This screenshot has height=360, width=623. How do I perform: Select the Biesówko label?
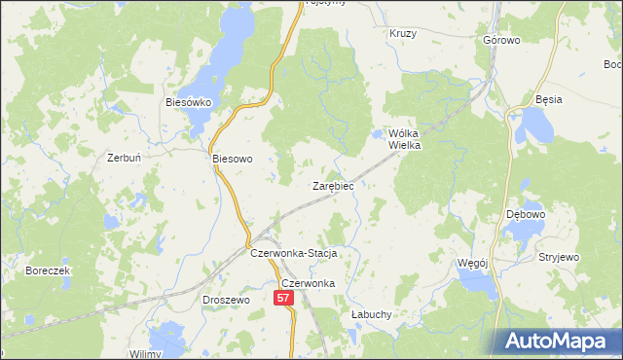point(188,101)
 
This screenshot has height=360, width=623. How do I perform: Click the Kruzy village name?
point(403,33)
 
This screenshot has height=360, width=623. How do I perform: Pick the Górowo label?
point(501,41)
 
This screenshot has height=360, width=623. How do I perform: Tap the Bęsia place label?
point(549,100)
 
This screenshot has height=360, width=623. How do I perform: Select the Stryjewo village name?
point(559,258)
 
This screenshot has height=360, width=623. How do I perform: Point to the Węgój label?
point(471,263)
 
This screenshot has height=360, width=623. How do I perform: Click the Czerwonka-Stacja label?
point(293,253)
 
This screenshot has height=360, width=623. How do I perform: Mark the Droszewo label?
point(226,301)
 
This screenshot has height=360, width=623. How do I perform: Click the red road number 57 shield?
point(283,300)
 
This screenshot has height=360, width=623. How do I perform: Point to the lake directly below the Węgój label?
point(477,283)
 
